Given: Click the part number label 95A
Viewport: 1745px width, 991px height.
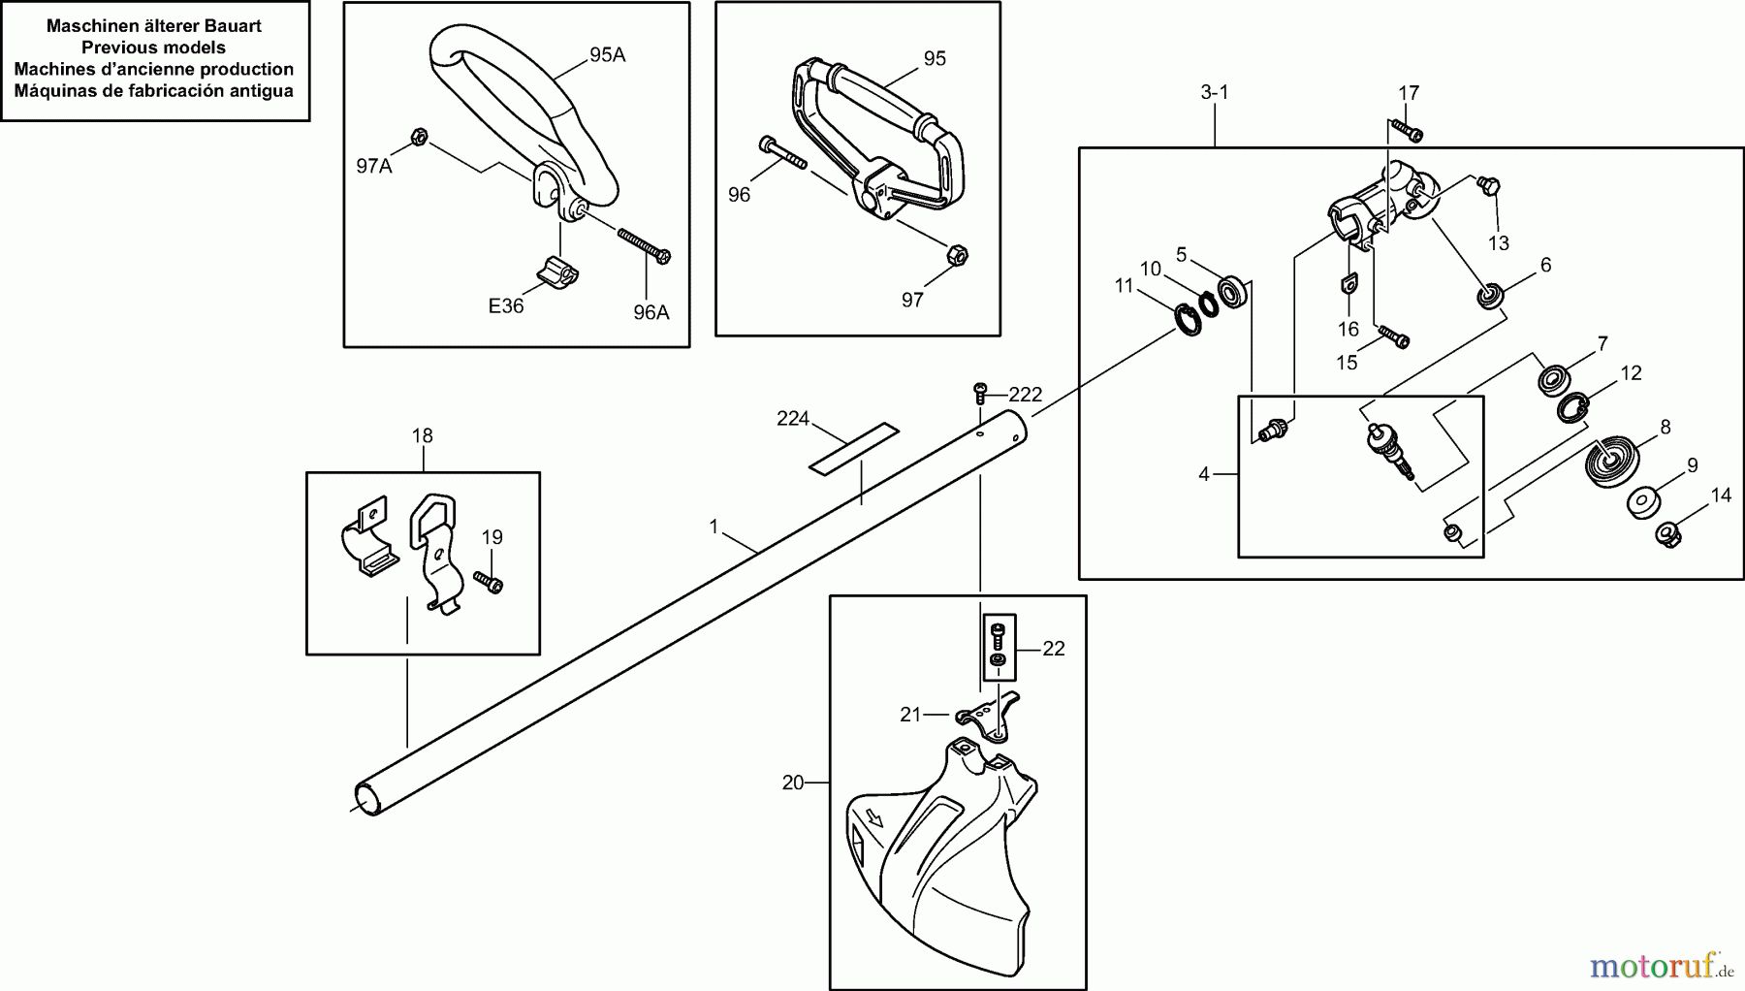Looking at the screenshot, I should (607, 55).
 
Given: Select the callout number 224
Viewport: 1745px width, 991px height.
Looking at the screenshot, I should (793, 419).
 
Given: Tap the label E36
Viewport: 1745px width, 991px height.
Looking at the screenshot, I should (506, 305).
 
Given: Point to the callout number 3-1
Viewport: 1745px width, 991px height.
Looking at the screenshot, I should (1215, 92).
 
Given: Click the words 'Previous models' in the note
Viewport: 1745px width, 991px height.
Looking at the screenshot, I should (154, 48).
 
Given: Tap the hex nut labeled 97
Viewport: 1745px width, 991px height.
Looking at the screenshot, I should (956, 256).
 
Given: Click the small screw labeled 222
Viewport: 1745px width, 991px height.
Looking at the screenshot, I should (980, 393).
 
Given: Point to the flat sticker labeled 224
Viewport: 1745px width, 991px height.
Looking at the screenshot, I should (854, 448).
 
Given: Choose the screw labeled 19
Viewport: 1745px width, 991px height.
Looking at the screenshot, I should (490, 581).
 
